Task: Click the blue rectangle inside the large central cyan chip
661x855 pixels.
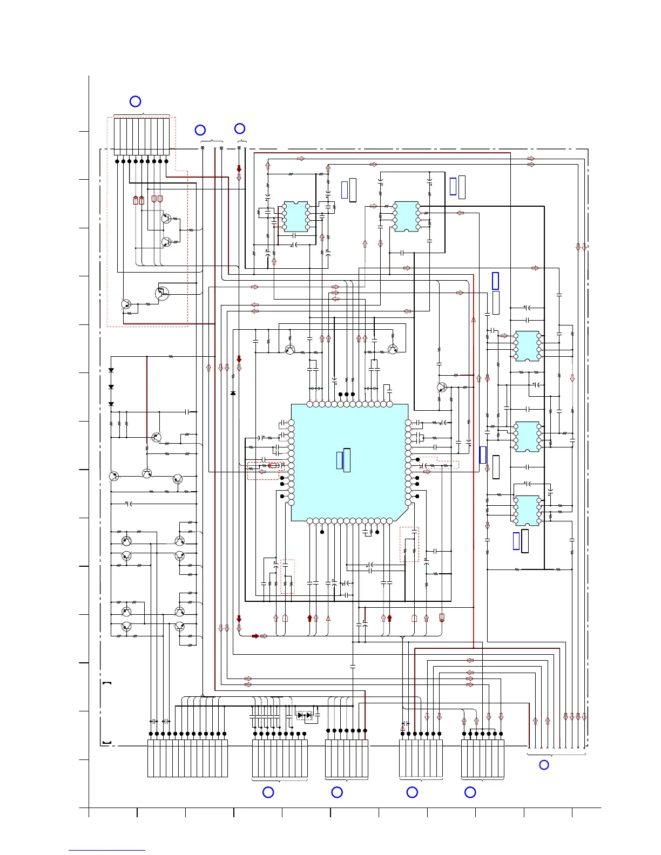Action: pyautogui.click(x=340, y=460)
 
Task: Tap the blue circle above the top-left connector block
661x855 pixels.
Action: pyautogui.click(x=136, y=101)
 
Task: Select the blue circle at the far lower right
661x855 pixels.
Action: pyautogui.click(x=544, y=765)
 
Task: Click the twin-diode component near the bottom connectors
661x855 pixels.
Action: pyautogui.click(x=305, y=715)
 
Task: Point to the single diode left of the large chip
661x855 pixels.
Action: pyautogui.click(x=233, y=393)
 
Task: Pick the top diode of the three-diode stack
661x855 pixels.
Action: pyautogui.click(x=111, y=370)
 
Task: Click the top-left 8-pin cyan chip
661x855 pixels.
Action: pyautogui.click(x=295, y=216)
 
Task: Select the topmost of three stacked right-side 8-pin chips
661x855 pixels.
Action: pyautogui.click(x=527, y=345)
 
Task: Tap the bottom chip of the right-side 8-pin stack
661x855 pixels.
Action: pyautogui.click(x=527, y=510)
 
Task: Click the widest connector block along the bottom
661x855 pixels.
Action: pyautogui.click(x=187, y=758)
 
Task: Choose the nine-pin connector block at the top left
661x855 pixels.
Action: pyautogui.click(x=141, y=136)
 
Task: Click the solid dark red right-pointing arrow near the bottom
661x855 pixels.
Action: pyautogui.click(x=255, y=636)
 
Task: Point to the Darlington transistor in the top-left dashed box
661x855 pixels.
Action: pyautogui.click(x=161, y=293)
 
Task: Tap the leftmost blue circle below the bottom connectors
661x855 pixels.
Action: pyautogui.click(x=268, y=792)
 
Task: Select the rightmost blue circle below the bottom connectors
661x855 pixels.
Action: pyautogui.click(x=470, y=792)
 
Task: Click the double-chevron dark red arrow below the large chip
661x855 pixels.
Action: pyautogui.click(x=442, y=618)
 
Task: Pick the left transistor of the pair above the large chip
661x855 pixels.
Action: pyautogui.click(x=290, y=350)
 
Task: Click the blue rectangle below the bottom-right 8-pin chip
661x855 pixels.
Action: pyautogui.click(x=516, y=540)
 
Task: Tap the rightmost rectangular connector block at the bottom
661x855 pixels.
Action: pyautogui.click(x=483, y=758)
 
